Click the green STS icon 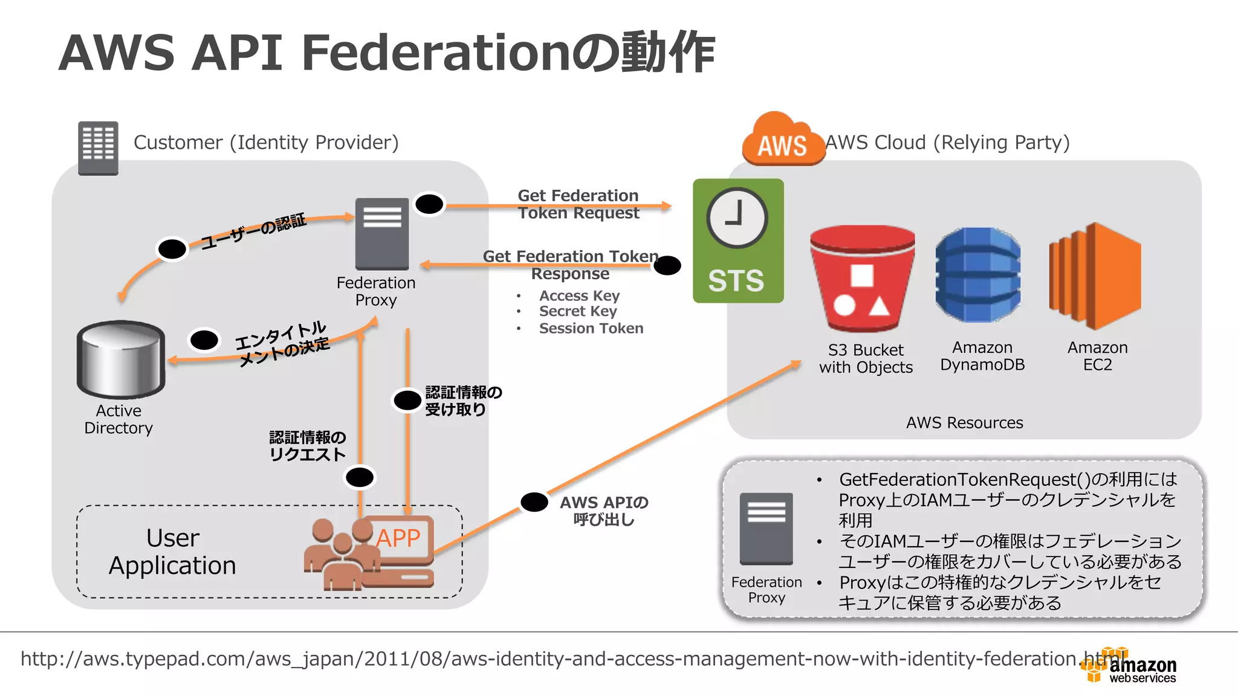(738, 241)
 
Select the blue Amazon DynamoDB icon (977, 275)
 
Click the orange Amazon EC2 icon (1095, 276)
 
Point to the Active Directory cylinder (121, 359)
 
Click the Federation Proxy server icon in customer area (382, 234)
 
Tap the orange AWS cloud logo (783, 140)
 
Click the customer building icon (98, 148)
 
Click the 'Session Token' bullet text (591, 329)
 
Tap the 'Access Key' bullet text (579, 296)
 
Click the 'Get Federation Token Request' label (578, 204)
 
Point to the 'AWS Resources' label (964, 423)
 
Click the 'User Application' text (172, 552)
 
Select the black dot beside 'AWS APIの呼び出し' (534, 501)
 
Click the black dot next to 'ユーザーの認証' (172, 249)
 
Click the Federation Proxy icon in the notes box (766, 529)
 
